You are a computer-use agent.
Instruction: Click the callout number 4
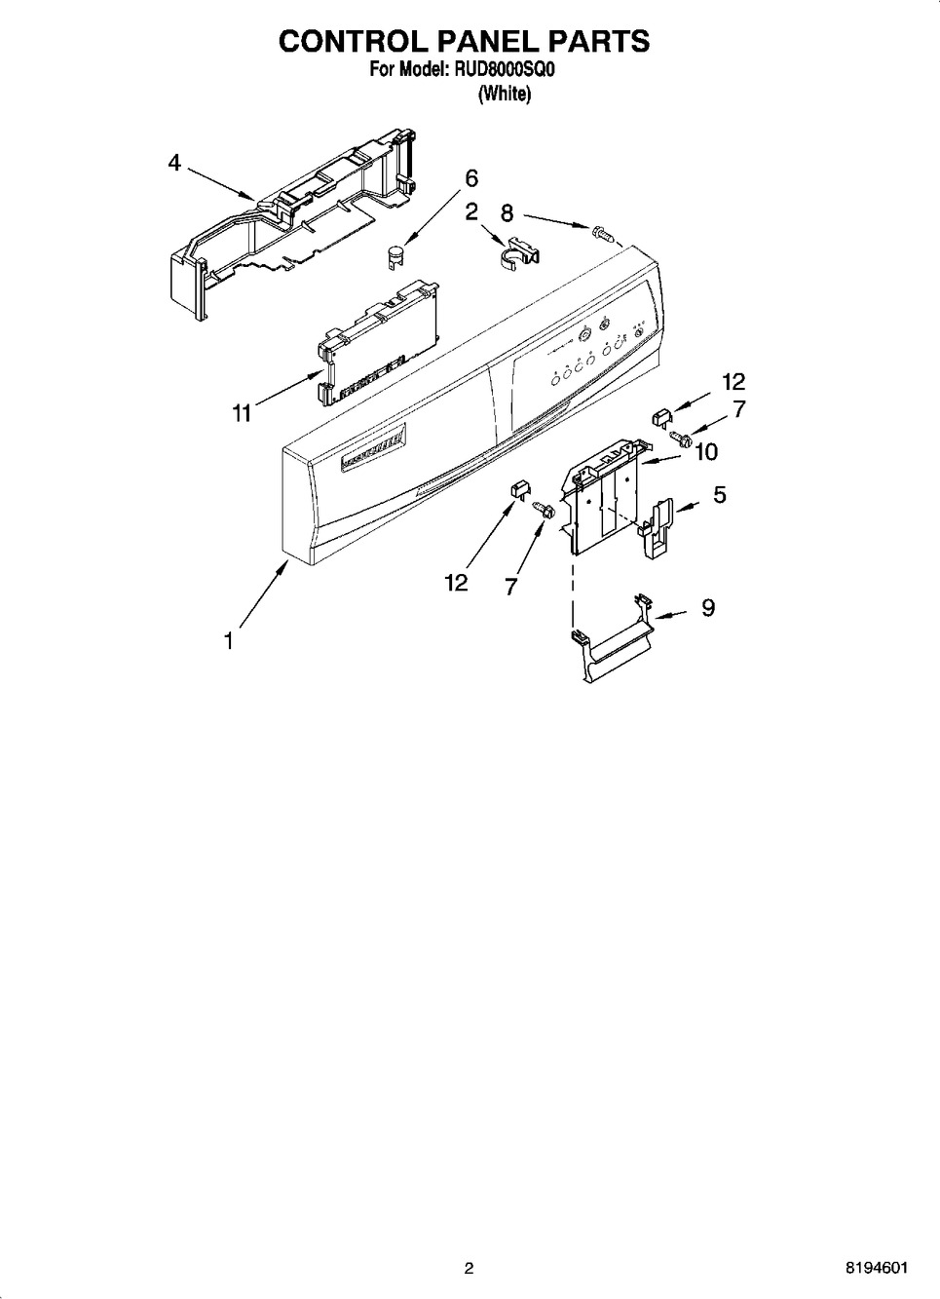coord(174,164)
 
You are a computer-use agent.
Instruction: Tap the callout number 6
coord(471,178)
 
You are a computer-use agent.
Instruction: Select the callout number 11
coord(242,413)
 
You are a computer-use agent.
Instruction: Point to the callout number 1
coord(229,641)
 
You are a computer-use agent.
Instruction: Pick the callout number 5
coord(719,495)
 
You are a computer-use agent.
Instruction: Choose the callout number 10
coord(706,452)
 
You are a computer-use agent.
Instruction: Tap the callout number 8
coord(507,213)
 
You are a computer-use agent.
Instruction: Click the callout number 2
coord(471,212)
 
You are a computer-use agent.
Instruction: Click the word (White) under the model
coord(505,94)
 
